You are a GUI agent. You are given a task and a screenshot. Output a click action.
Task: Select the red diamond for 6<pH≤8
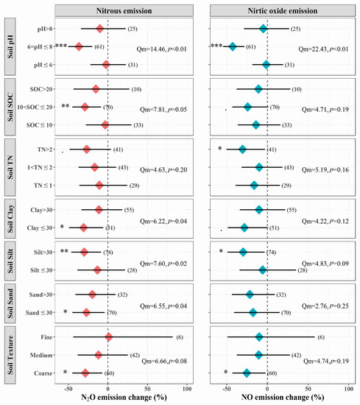click(79, 46)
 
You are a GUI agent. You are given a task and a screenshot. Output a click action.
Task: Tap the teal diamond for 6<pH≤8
click(232, 46)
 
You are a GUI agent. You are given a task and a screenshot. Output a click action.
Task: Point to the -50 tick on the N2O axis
click(68, 386)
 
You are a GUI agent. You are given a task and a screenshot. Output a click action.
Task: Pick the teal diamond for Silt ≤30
click(262, 270)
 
